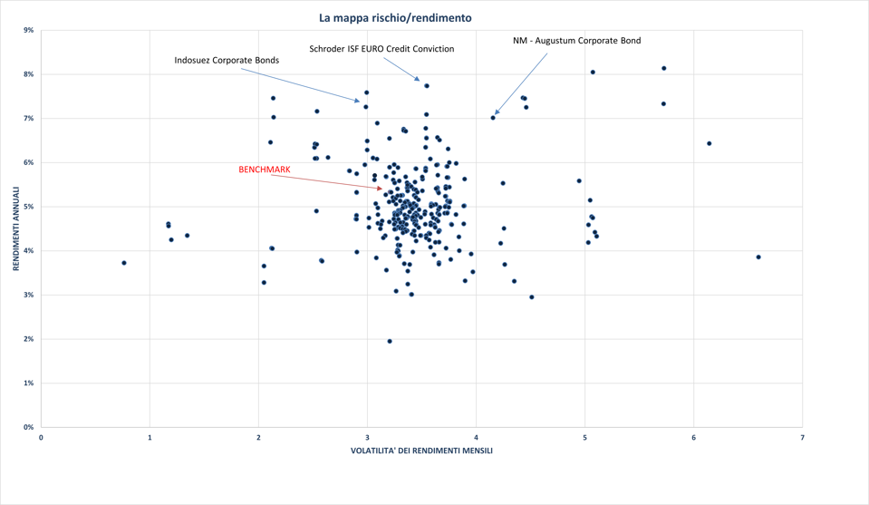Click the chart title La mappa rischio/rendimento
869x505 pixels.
tap(395, 18)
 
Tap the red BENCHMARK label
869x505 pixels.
tap(264, 170)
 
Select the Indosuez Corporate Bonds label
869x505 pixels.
tap(227, 61)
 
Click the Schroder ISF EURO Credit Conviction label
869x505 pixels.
tap(381, 49)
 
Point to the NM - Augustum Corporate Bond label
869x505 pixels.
tap(576, 41)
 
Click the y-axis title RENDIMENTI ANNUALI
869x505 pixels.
tap(16, 228)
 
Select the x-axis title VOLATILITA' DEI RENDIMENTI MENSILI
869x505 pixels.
tap(421, 451)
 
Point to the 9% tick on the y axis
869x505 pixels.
tap(29, 30)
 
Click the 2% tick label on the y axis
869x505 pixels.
tap(29, 339)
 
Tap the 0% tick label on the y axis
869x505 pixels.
tap(29, 427)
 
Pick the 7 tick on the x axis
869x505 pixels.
tap(802, 438)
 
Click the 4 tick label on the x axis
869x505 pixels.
tap(476, 438)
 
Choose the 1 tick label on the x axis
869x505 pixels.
tap(150, 438)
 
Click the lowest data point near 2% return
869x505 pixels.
tap(390, 342)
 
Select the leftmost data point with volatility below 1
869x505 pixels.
tap(124, 263)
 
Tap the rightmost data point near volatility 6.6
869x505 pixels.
tap(758, 257)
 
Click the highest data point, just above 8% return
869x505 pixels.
tap(664, 68)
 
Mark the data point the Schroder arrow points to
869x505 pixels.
tap(427, 86)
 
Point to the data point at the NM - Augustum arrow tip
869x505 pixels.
tap(493, 118)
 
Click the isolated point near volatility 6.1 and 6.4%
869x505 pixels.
tap(710, 143)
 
